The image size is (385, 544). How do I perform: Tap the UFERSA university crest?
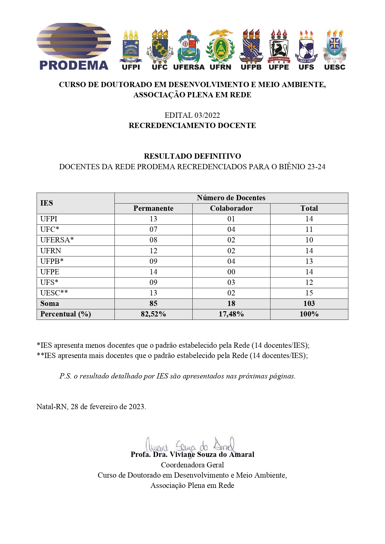tap(189, 46)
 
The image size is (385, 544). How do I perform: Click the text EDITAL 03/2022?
tap(192, 115)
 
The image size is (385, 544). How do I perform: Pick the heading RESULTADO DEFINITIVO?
tap(192, 156)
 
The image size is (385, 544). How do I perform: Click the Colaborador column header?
tap(231, 209)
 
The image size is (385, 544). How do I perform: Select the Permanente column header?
tap(153, 209)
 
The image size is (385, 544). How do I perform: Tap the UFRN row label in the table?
tap(51, 251)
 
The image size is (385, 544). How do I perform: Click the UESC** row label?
tap(54, 293)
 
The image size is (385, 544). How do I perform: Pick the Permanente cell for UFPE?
tap(153, 272)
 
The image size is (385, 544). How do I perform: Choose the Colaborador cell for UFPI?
tap(231, 219)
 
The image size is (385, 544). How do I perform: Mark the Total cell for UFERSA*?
tap(309, 240)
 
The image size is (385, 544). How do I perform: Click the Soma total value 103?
tap(309, 303)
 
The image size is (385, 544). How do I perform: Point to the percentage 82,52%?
tap(153, 314)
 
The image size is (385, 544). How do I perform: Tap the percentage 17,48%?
tap(231, 314)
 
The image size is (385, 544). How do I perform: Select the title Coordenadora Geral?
tap(192, 465)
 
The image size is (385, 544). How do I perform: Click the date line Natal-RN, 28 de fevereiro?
tap(91, 407)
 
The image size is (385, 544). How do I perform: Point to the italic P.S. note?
tap(177, 376)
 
